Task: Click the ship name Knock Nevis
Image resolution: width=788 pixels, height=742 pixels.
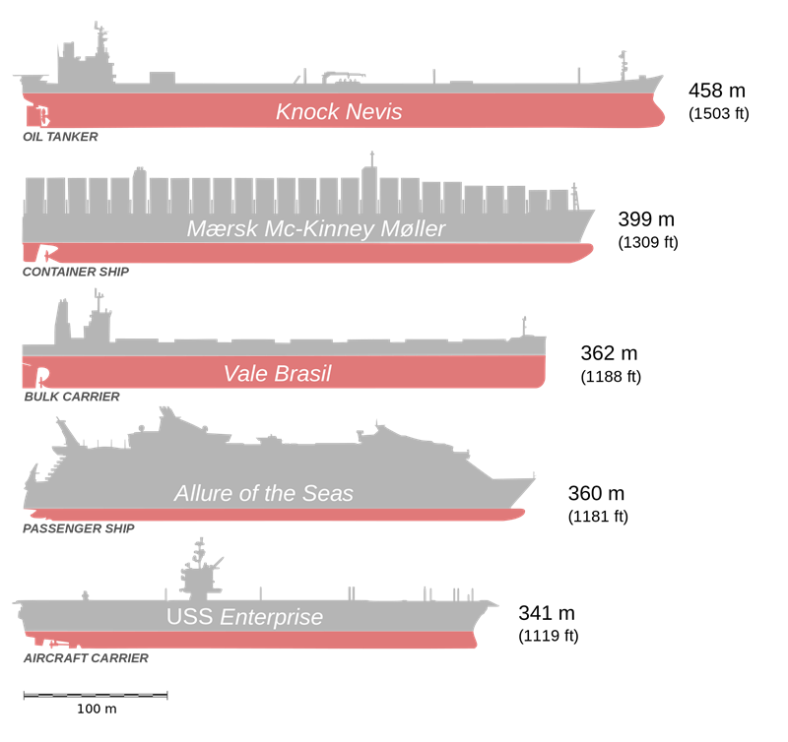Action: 339,111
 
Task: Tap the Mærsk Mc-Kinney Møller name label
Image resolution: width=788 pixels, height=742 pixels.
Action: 316,229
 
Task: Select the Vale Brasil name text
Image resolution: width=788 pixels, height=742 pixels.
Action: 278,374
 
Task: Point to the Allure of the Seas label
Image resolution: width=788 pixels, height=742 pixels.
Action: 264,493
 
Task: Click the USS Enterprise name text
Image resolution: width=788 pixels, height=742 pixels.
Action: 244,617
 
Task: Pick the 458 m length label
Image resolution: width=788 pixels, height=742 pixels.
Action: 717,91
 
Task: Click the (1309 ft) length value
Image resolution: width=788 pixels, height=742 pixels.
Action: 648,242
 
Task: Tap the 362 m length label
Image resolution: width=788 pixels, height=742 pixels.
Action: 609,353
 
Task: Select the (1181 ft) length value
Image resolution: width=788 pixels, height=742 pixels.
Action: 598,516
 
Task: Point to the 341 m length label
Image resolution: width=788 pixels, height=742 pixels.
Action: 547,613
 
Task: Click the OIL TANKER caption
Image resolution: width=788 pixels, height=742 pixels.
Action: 60,137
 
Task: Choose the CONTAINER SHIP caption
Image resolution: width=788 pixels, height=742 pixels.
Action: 76,272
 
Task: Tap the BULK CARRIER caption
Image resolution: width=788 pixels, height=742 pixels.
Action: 72,397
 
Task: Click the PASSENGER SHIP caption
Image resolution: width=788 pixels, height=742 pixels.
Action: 79,528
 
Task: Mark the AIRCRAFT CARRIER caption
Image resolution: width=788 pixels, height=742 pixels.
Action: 86,658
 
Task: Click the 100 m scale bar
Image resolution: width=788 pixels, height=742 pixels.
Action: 96,696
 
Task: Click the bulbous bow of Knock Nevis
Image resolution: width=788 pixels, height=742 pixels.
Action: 657,113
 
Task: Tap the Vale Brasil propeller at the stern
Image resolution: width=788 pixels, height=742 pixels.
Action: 42,376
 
